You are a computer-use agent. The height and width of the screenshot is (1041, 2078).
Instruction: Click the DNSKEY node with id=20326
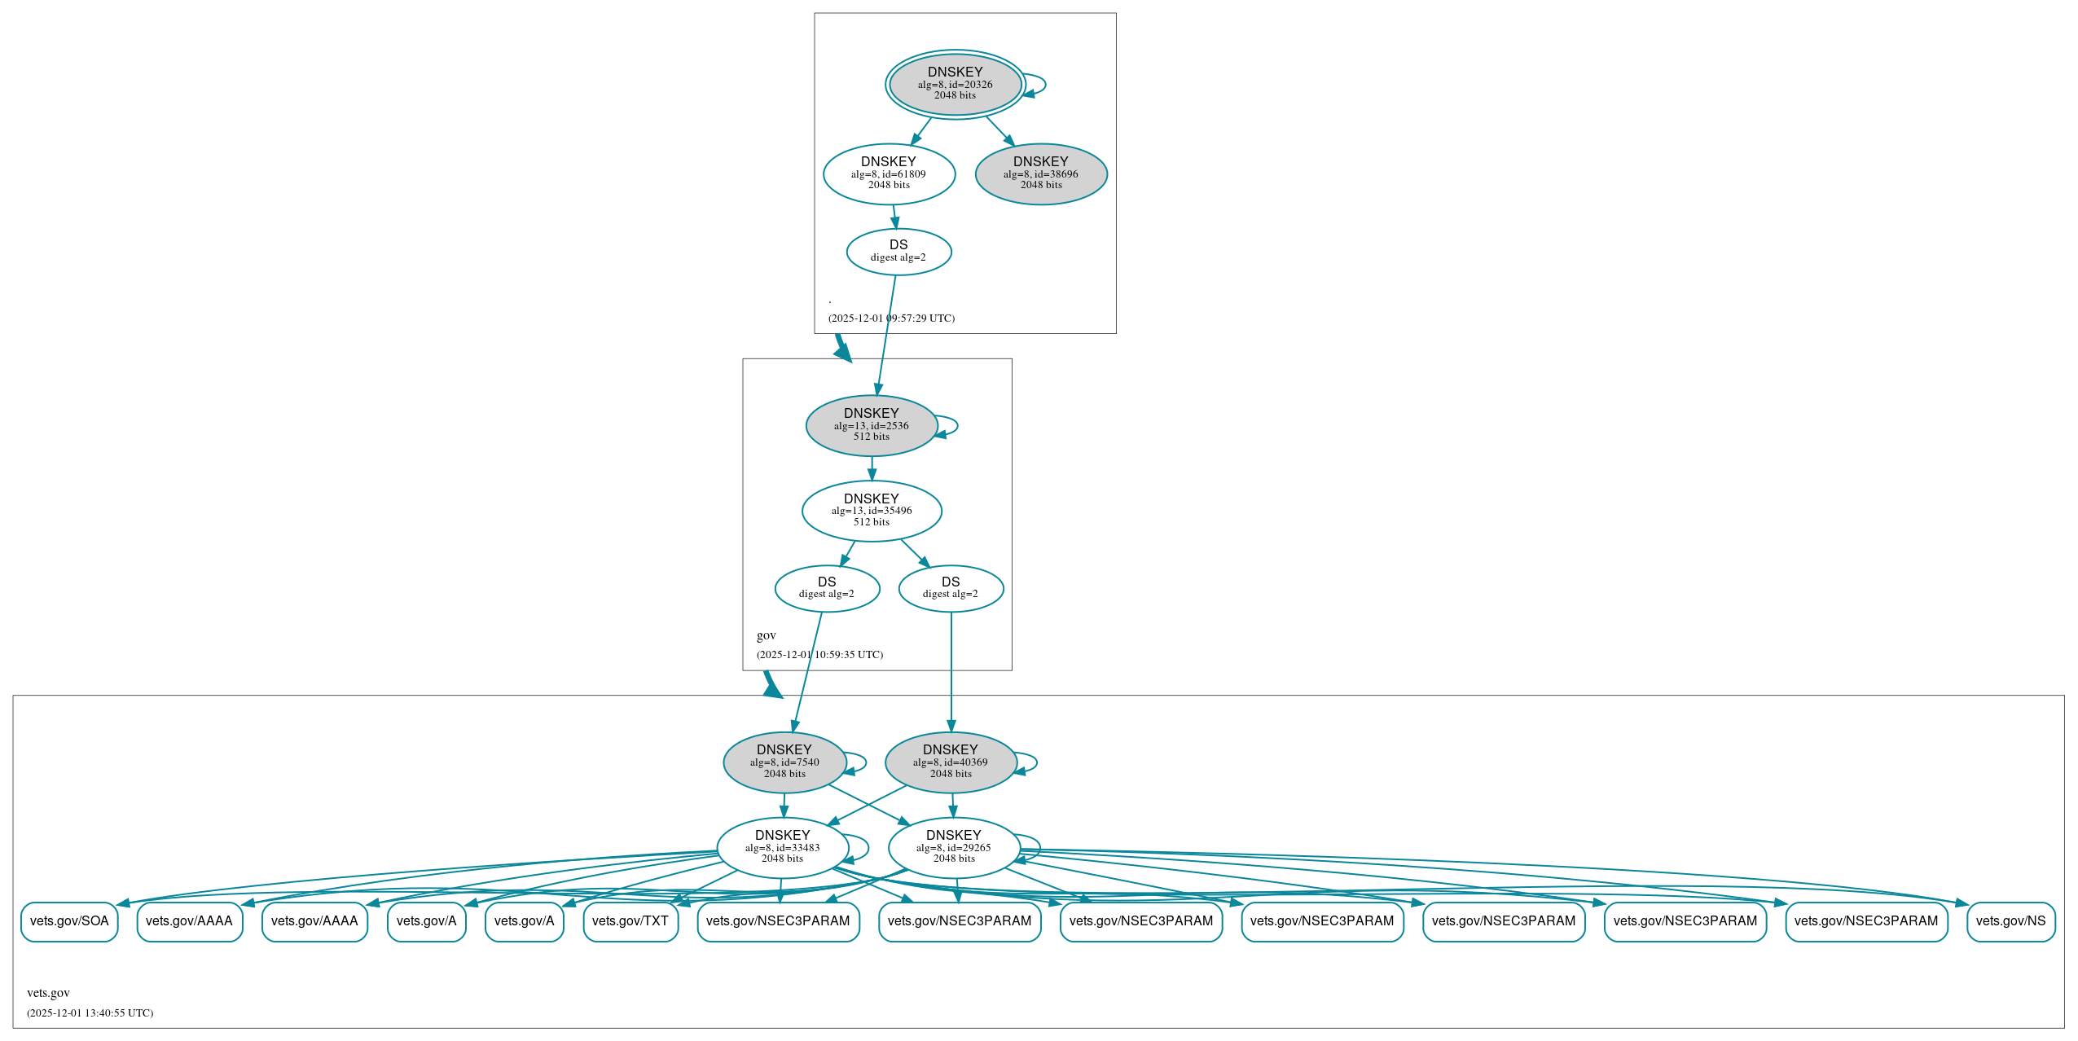coord(955,84)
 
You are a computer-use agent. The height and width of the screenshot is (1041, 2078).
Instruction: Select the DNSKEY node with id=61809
coord(889,173)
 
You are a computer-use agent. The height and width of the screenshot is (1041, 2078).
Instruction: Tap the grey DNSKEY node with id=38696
coord(1041,173)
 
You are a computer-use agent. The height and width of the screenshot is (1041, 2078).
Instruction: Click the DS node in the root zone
coord(898,251)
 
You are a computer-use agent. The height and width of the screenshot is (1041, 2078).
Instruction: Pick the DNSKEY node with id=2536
coord(872,425)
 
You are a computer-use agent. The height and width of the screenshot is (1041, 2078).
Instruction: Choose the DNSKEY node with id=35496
coord(872,511)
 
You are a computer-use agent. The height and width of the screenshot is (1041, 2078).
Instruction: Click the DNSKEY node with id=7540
coord(784,762)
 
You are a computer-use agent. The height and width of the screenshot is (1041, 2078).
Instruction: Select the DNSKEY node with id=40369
coord(951,762)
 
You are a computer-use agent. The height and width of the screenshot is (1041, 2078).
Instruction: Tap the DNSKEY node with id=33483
coord(783,847)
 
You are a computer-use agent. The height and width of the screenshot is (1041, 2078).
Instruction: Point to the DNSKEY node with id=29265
coord(954,847)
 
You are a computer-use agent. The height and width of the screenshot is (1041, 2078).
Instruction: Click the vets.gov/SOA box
coord(69,921)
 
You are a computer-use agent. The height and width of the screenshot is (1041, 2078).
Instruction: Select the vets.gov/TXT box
coord(630,921)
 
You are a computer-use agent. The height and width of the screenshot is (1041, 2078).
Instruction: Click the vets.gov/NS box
coord(2010,921)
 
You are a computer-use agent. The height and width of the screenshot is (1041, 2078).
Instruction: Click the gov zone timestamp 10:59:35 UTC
coord(819,654)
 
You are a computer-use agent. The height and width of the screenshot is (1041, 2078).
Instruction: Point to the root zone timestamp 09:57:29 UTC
coord(891,318)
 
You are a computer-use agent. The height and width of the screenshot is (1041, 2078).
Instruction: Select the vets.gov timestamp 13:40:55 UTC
coord(90,1012)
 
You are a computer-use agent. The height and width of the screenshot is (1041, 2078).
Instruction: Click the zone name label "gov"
coord(766,635)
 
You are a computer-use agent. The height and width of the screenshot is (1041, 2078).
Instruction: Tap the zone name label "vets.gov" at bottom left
coord(48,992)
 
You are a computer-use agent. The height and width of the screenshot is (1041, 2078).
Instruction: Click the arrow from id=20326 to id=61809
coord(921,131)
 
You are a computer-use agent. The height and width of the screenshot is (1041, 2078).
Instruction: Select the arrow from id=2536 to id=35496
coord(872,468)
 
